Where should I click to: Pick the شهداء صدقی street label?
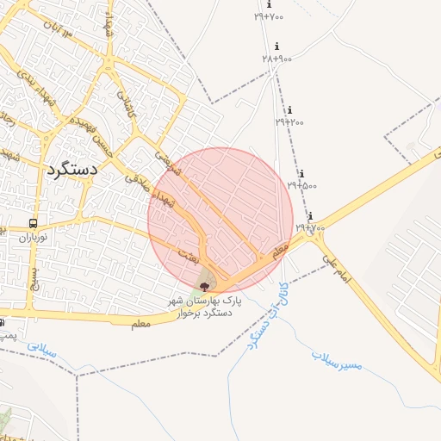(x=151, y=192)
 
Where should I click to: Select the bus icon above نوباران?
(x=34, y=223)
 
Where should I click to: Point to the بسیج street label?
(x=35, y=277)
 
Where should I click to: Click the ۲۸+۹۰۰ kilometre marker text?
(x=277, y=58)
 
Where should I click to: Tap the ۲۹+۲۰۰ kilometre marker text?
(x=289, y=121)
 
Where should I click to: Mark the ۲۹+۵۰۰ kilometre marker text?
(x=301, y=184)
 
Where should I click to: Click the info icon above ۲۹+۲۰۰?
(x=290, y=110)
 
